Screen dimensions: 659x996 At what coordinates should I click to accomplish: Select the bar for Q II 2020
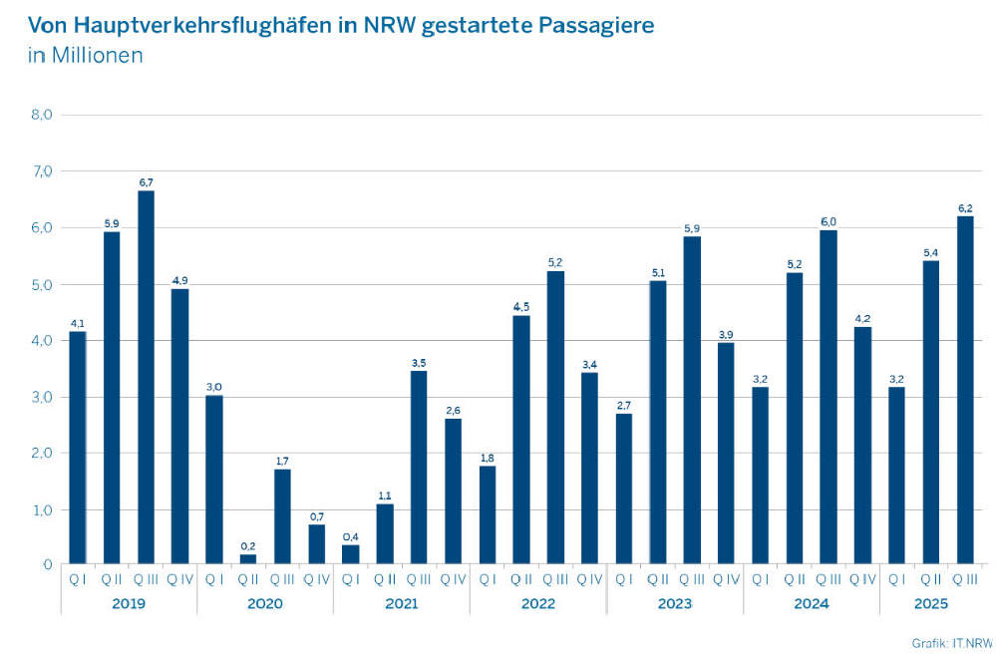click(x=248, y=559)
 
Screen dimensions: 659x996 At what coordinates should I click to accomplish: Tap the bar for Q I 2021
click(x=350, y=554)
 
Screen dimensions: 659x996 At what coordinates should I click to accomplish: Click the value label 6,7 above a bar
click(x=146, y=182)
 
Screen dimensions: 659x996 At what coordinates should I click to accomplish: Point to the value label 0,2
click(x=248, y=546)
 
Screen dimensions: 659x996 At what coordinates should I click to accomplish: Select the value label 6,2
click(x=965, y=208)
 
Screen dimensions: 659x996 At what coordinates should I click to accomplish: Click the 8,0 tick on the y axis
click(x=41, y=115)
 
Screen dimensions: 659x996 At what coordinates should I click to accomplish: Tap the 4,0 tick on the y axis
click(x=41, y=341)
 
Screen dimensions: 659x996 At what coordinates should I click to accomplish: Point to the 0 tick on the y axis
click(x=46, y=565)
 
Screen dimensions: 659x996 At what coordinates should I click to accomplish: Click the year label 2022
click(x=537, y=603)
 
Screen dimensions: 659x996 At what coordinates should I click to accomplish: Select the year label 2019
click(x=128, y=603)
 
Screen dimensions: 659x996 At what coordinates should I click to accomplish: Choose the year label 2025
click(x=931, y=603)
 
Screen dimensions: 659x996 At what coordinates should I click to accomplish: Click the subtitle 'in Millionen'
click(x=85, y=55)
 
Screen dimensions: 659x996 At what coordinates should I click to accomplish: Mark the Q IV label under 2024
click(x=862, y=579)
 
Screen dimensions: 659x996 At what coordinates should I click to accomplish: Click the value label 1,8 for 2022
click(x=487, y=458)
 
